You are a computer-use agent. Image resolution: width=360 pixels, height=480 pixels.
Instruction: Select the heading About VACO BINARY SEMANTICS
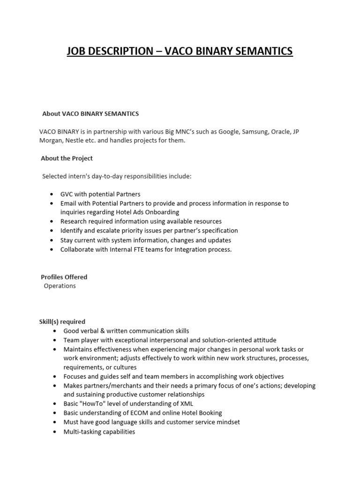[x=90, y=114]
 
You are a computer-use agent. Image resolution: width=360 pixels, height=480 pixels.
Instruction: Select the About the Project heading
[x=67, y=158]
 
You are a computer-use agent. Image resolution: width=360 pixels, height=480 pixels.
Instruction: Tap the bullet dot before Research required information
[x=51, y=221]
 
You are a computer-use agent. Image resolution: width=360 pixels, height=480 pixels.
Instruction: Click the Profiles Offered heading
[x=64, y=277]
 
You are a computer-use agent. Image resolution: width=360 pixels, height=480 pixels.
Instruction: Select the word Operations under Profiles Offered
[x=60, y=286]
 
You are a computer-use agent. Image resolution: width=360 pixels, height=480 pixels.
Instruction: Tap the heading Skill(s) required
[x=62, y=322]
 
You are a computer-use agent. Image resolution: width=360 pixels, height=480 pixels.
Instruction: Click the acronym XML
[x=186, y=404]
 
